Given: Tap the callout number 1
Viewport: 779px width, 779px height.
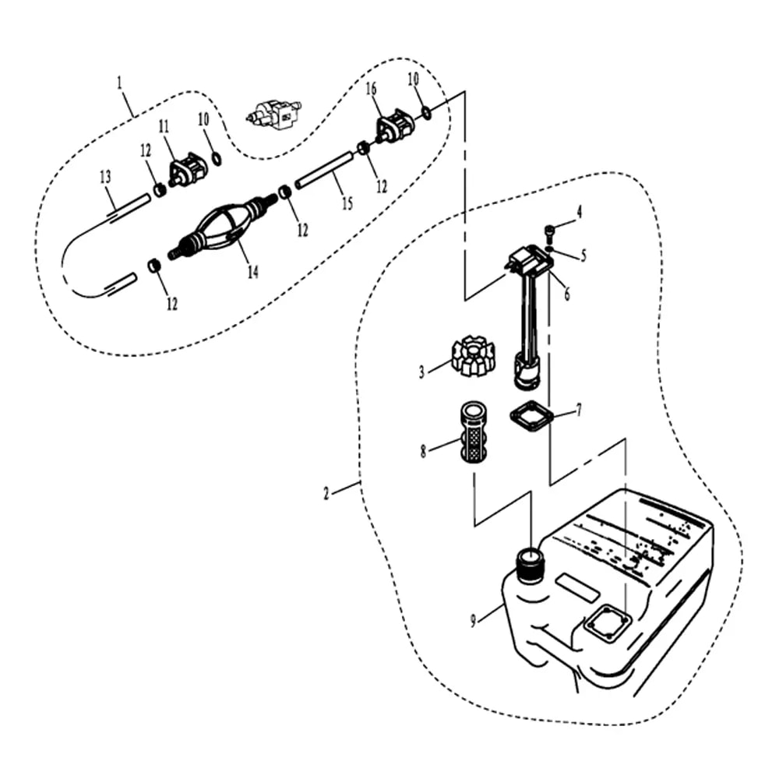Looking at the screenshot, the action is pos(119,82).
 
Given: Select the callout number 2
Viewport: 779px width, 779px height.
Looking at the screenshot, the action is pos(326,493).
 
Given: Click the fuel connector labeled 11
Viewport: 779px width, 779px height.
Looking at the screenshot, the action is pos(188,169).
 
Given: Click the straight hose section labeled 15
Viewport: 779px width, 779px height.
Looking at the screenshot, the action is pos(324,171).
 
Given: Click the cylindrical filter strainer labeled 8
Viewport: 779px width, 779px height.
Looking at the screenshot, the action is pos(474,432).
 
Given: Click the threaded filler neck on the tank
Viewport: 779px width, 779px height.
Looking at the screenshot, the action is pos(530,564).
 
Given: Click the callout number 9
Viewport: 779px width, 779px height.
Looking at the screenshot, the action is pos(473,620).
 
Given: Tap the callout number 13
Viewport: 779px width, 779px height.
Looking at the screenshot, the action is pos(105,177).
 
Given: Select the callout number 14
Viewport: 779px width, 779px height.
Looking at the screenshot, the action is pos(253,272).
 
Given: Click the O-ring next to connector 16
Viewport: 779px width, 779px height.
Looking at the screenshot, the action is pos(426,113).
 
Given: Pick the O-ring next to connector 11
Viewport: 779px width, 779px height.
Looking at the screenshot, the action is pos(217,159).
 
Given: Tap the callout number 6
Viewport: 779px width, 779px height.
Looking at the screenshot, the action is pos(567,294).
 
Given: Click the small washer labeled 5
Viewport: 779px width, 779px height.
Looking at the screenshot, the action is pos(548,248).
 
